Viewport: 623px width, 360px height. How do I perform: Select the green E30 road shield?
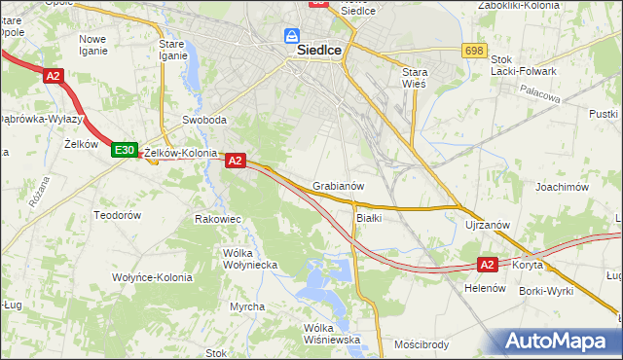[x=123, y=150]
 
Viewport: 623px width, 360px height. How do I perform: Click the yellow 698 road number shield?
[x=474, y=50]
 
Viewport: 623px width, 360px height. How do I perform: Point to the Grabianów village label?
[x=339, y=185]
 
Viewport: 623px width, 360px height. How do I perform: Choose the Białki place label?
[x=368, y=218]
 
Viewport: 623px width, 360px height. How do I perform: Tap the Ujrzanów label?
[x=488, y=225]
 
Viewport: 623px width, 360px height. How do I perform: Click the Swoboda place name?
[x=204, y=121]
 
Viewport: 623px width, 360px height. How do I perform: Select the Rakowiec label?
[x=218, y=219]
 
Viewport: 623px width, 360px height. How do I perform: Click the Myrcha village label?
[x=247, y=306]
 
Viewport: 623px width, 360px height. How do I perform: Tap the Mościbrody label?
[x=421, y=344]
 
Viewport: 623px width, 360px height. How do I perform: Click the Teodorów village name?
[x=118, y=214]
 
